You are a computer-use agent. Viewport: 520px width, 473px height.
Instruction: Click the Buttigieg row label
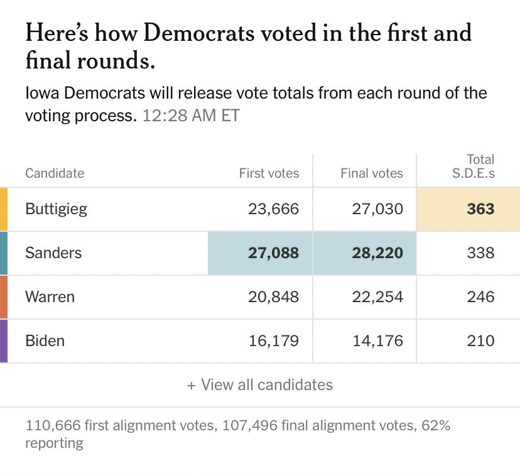(56, 209)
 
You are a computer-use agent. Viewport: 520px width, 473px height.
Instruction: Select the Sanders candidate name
(53, 253)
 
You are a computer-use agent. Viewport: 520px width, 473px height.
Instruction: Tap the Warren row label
(50, 296)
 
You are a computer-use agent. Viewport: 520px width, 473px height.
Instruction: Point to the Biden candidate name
(45, 340)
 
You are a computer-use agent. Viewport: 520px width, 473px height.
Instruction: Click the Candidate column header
(55, 173)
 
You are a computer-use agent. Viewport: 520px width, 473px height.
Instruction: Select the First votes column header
(269, 173)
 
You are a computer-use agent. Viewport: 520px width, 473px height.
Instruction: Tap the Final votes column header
(372, 173)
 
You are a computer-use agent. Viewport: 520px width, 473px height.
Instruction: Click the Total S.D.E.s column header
(474, 166)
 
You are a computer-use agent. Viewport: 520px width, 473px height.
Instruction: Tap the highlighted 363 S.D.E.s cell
(480, 209)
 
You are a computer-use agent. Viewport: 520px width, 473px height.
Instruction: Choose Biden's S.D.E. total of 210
(480, 340)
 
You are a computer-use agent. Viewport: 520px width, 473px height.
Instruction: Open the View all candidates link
(260, 384)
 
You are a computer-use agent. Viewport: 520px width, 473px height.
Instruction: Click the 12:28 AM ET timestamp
(191, 116)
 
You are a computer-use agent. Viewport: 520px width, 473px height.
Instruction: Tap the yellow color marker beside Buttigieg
(4, 209)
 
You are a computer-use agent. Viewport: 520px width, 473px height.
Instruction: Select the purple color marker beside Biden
(4, 340)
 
